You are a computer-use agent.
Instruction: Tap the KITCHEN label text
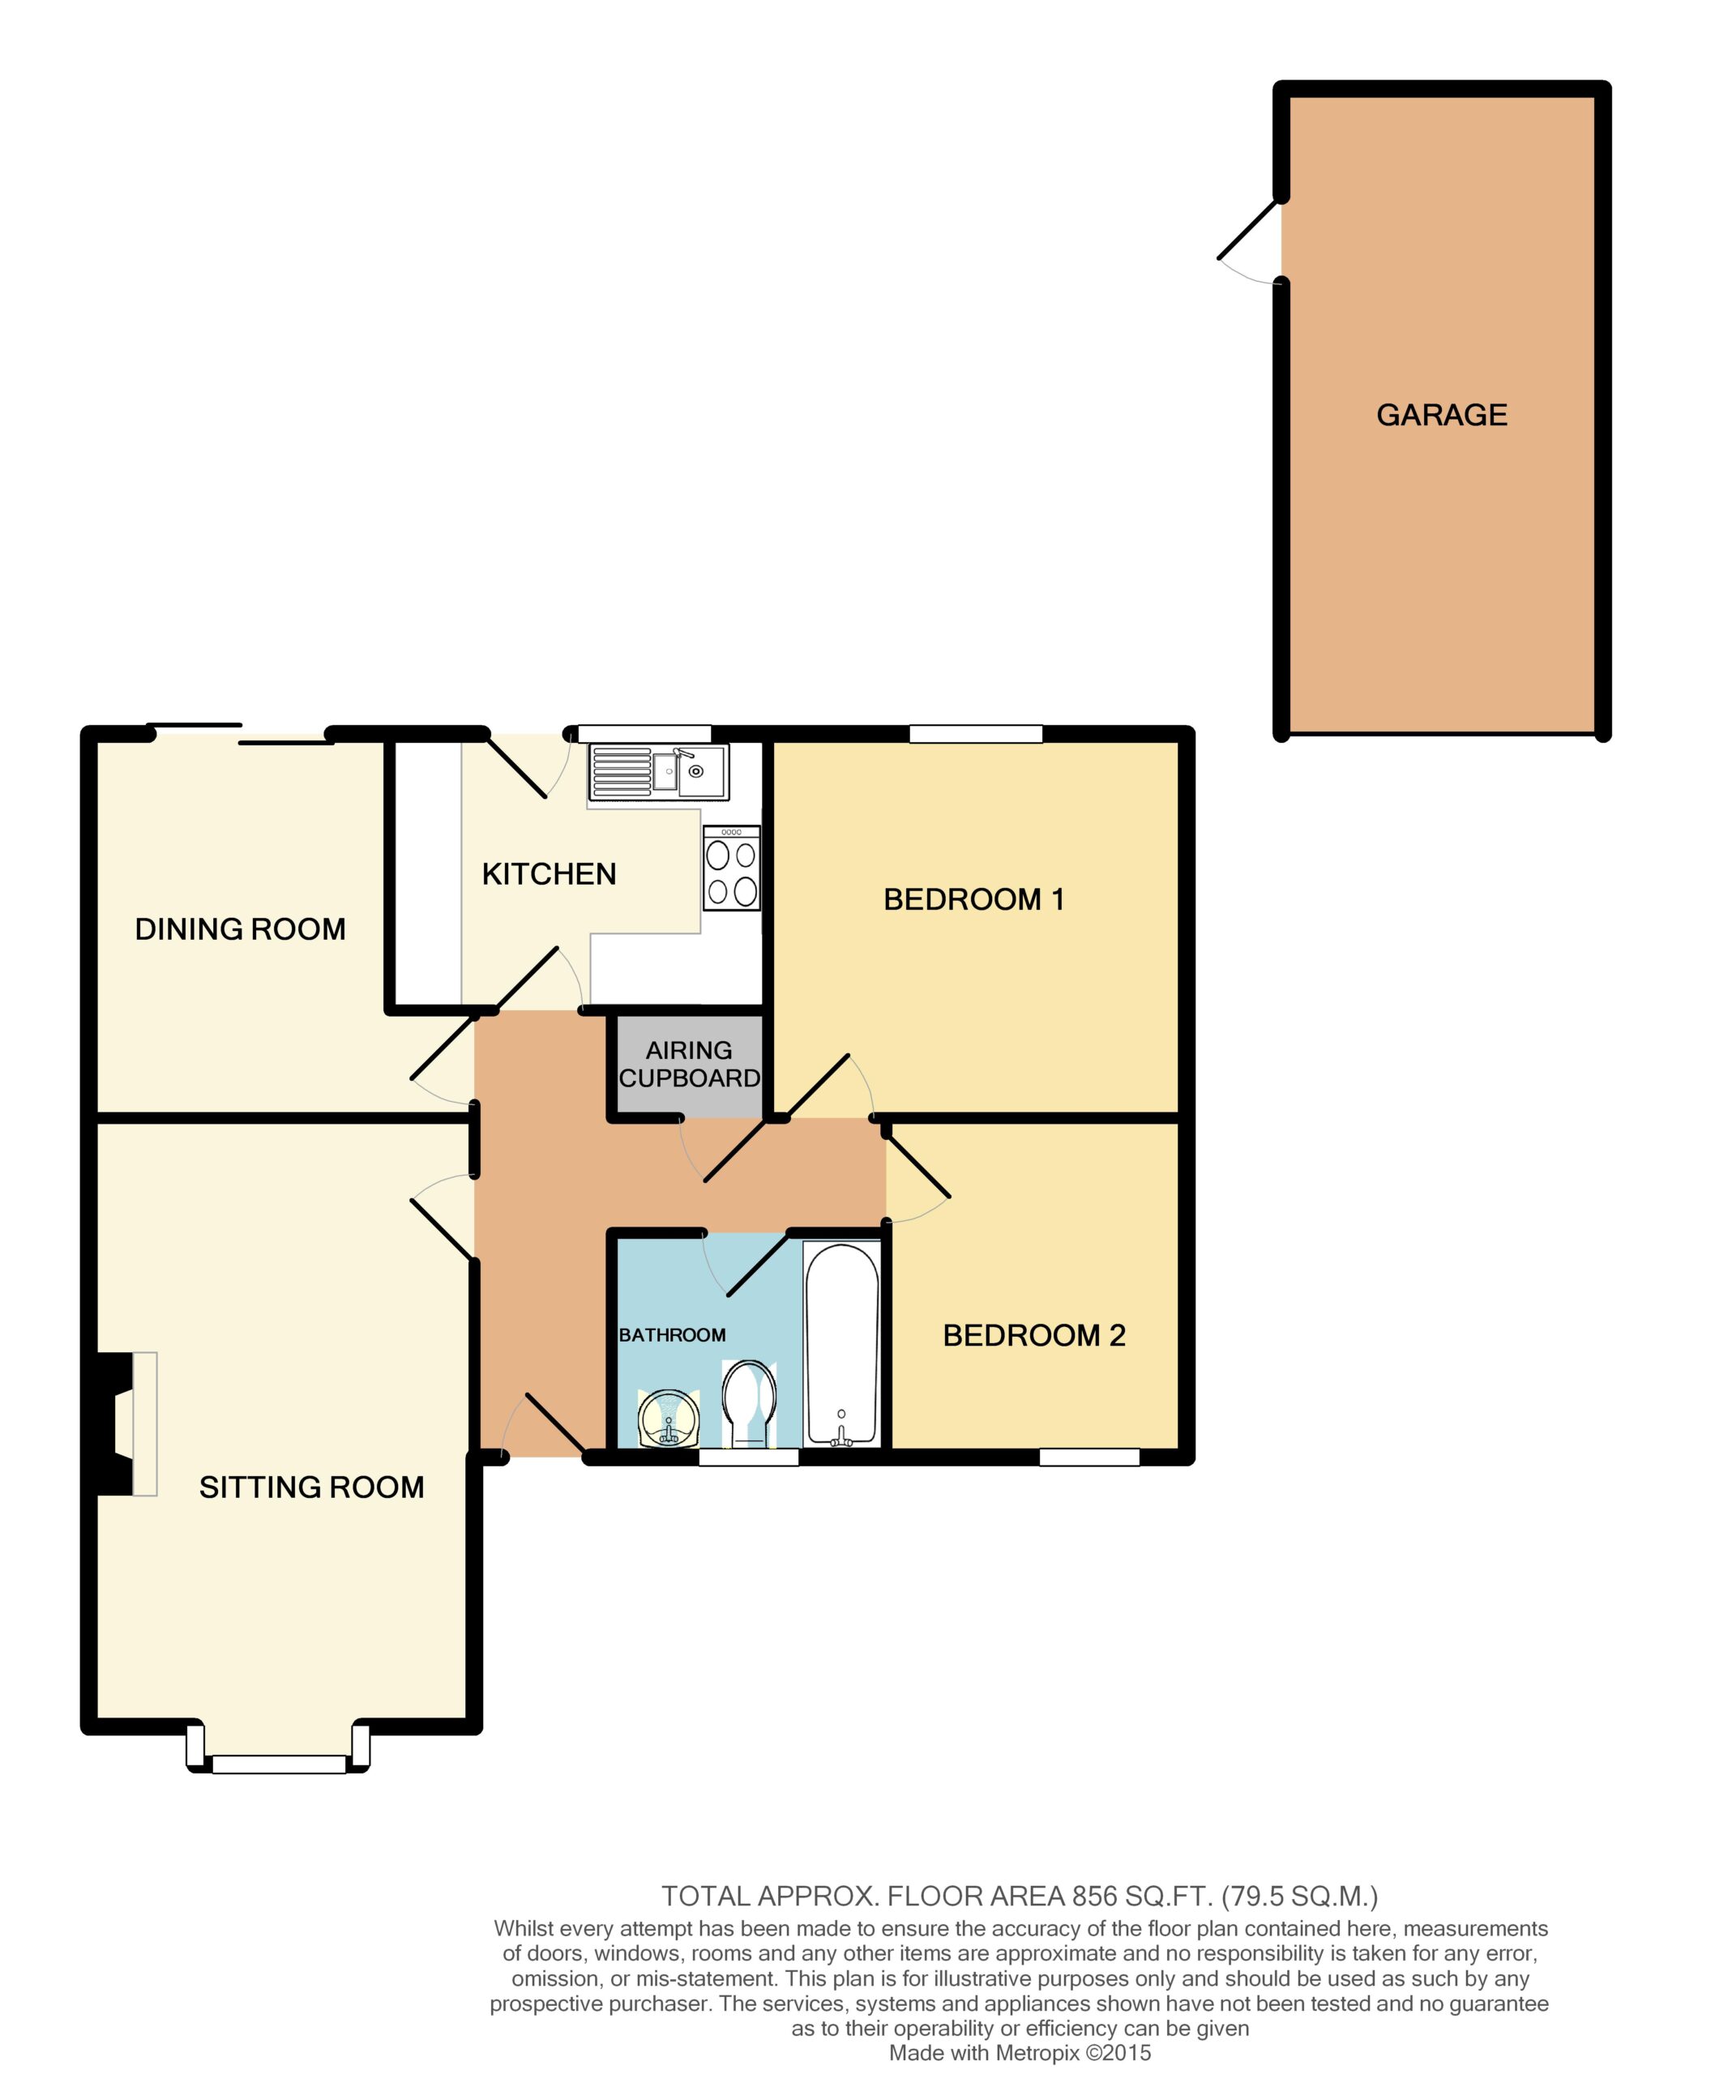point(550,874)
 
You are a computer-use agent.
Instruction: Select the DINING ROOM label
point(240,929)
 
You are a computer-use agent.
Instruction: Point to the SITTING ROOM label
point(311,1487)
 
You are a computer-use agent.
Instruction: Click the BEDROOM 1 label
point(973,900)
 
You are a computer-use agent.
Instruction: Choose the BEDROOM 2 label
point(1034,1335)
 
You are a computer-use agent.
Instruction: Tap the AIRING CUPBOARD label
point(690,1064)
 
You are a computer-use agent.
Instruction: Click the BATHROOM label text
point(672,1335)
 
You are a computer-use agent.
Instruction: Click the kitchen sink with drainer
point(658,772)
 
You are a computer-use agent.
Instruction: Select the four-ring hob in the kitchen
point(732,868)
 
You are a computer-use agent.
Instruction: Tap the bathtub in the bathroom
point(841,1344)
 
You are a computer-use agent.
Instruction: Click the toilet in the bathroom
point(749,1403)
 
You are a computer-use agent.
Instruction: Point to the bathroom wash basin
point(669,1419)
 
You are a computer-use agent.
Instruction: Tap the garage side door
point(1250,243)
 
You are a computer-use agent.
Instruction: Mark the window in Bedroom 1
point(975,733)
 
